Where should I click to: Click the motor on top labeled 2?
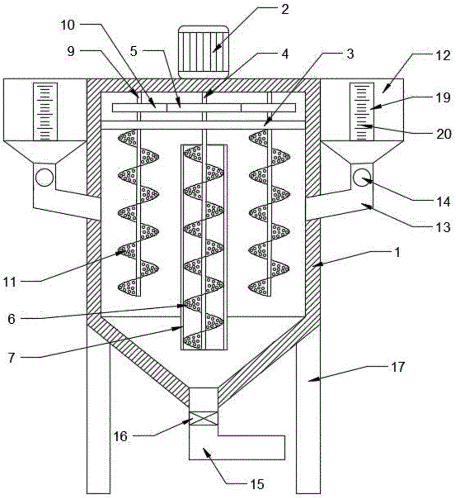click(203, 51)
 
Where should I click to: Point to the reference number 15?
click(258, 484)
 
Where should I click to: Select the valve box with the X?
click(203, 417)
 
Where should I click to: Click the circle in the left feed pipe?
click(44, 177)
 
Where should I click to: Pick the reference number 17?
click(398, 368)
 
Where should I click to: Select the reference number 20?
click(440, 133)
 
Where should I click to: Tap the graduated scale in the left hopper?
click(45, 112)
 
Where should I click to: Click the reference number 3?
click(350, 54)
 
